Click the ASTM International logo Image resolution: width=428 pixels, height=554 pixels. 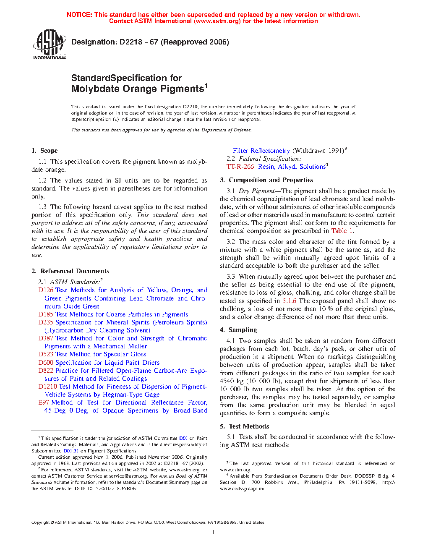pos(50,44)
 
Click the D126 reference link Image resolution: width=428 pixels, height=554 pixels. pos(46,290)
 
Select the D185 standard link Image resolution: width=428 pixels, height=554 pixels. pos(46,314)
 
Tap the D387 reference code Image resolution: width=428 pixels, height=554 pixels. pos(46,338)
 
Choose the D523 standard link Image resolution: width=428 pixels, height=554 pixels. pos(46,354)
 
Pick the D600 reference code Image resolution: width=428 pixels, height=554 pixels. pos(46,363)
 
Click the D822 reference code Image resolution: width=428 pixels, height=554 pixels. pos(46,371)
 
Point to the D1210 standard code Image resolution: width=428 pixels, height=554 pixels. pos(47,387)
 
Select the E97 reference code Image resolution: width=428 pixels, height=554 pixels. pos(44,402)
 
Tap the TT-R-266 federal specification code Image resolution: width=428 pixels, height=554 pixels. pos(240,167)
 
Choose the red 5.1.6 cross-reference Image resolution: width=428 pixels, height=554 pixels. pos(289,301)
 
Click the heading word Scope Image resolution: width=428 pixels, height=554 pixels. pos(49,151)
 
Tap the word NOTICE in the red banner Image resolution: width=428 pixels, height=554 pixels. pos(79,15)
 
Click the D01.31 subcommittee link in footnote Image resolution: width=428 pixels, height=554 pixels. pos(71,451)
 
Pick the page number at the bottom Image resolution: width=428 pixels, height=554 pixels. pos(214,533)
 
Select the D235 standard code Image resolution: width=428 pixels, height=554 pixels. pos(46,322)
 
